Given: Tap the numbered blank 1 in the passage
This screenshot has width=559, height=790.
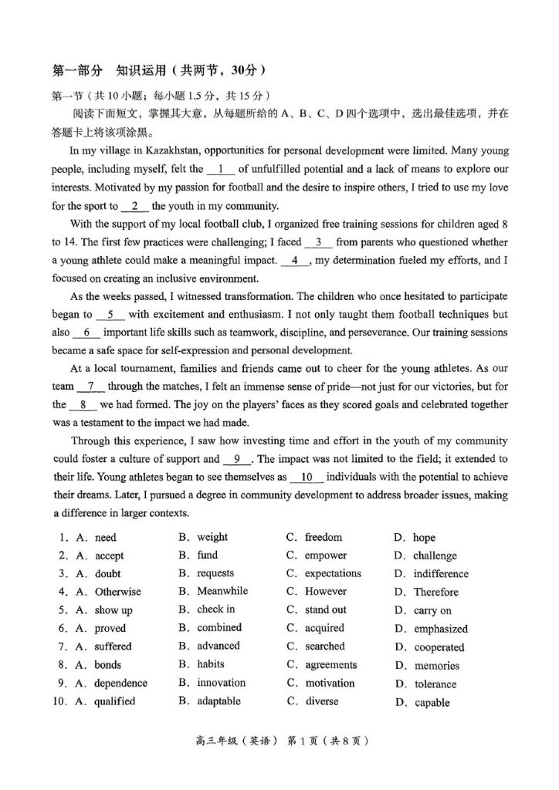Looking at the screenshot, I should pyautogui.click(x=221, y=169).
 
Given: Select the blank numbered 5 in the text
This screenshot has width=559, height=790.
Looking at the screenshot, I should pyautogui.click(x=110, y=315).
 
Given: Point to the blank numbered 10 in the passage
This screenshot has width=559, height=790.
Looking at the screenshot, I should pyautogui.click(x=306, y=478).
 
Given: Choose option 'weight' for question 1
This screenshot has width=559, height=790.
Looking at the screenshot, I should pyautogui.click(x=212, y=537).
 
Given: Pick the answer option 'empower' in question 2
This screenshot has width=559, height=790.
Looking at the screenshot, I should pyautogui.click(x=325, y=555).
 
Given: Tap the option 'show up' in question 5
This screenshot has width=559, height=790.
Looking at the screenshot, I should pyautogui.click(x=113, y=610).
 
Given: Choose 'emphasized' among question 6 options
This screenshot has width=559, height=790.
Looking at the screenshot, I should pyautogui.click(x=440, y=629).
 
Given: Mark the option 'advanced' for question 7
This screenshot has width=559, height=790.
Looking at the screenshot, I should pyautogui.click(x=219, y=647).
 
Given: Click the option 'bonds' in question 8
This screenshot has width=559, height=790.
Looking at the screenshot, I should pyautogui.click(x=108, y=665).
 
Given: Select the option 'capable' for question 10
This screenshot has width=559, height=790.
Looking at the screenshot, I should pyautogui.click(x=432, y=703).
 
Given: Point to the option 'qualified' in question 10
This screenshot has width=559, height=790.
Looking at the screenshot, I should pyautogui.click(x=114, y=702).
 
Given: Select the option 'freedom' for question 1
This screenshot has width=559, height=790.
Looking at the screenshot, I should pyautogui.click(x=323, y=537).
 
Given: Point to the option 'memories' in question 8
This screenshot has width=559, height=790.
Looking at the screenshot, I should pyautogui.click(x=436, y=666).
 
